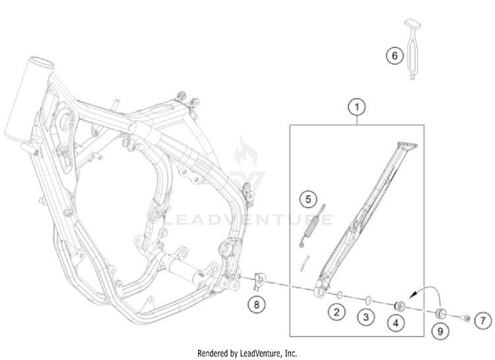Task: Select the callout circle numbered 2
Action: click(x=337, y=312)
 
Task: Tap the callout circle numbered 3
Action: click(x=365, y=318)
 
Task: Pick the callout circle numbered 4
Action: click(x=396, y=324)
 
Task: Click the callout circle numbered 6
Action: click(x=394, y=57)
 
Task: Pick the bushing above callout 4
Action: click(x=399, y=305)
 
